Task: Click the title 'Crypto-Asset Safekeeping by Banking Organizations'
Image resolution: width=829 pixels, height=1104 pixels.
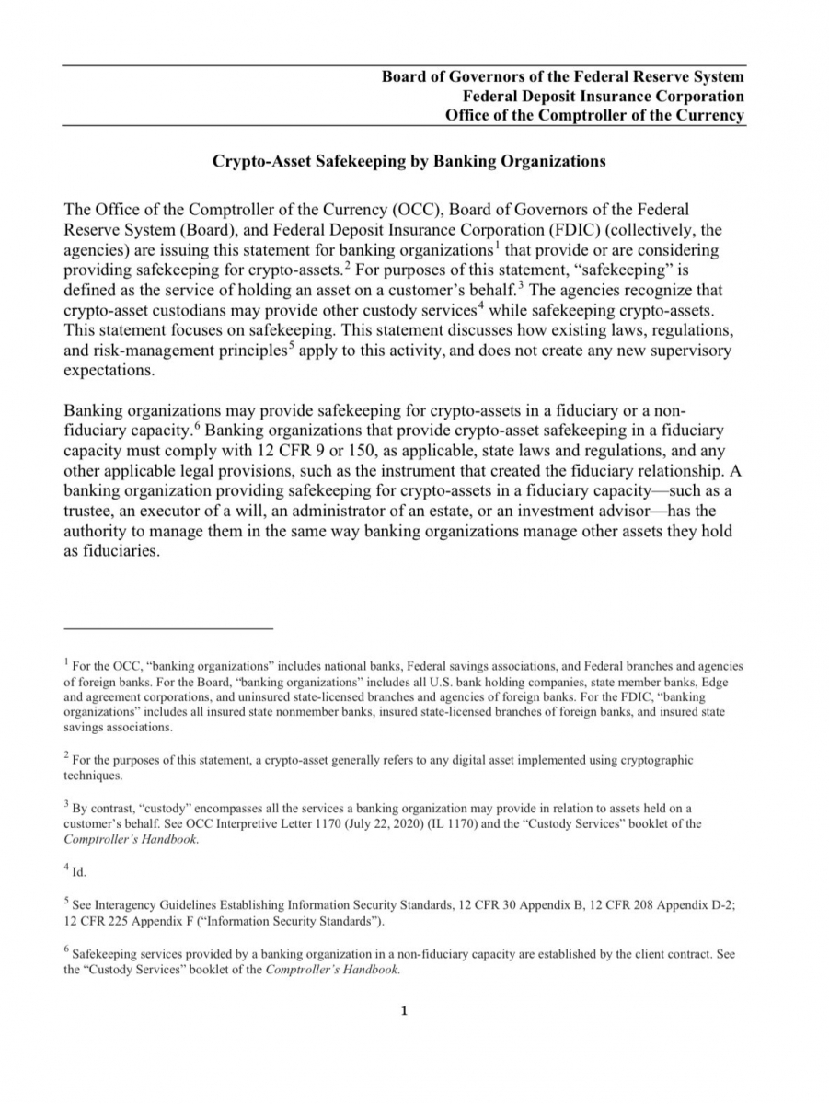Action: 409,161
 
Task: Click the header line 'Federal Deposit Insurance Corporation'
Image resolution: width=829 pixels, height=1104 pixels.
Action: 604,96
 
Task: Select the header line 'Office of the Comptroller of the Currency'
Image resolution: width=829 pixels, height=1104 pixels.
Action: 594,115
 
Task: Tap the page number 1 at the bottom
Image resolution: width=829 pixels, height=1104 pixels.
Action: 404,1012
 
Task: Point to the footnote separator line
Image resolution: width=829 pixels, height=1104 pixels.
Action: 168,628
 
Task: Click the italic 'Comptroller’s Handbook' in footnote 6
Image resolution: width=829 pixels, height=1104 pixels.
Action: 331,970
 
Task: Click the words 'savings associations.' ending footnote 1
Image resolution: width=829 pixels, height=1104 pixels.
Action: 117,727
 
